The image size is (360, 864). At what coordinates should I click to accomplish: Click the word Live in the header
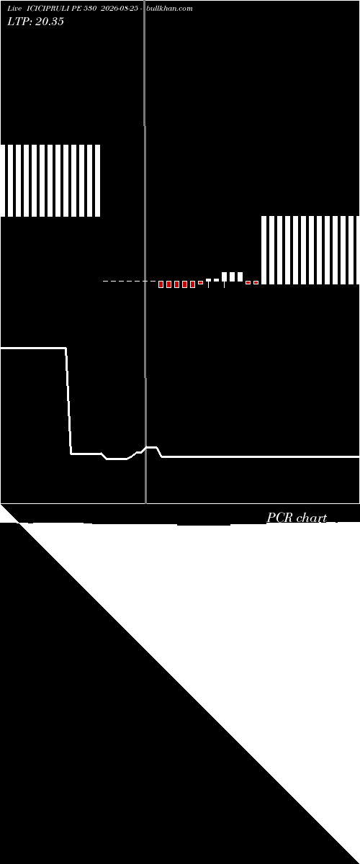click(x=14, y=9)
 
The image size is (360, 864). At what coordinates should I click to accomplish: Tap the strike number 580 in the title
click(x=90, y=9)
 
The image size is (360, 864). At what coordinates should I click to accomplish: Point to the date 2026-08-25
click(x=120, y=9)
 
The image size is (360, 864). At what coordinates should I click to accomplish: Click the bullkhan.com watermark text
click(x=169, y=9)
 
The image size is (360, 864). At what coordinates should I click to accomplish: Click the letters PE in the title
click(x=77, y=9)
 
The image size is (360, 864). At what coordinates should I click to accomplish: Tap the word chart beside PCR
click(x=312, y=518)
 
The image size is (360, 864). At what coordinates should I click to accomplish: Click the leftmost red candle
click(x=161, y=284)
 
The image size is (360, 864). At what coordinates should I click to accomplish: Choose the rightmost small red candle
click(x=256, y=283)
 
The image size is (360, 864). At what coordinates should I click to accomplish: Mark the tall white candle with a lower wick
click(x=224, y=277)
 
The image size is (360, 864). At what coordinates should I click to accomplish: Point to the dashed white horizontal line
click(x=130, y=282)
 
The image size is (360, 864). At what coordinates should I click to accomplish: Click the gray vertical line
click(x=145, y=251)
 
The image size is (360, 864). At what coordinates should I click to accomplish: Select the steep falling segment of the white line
click(x=68, y=401)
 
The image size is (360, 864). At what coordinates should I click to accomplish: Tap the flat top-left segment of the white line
click(x=33, y=348)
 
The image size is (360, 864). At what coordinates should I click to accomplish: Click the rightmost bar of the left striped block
click(x=98, y=181)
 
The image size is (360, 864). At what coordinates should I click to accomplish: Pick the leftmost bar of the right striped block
click(x=264, y=250)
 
